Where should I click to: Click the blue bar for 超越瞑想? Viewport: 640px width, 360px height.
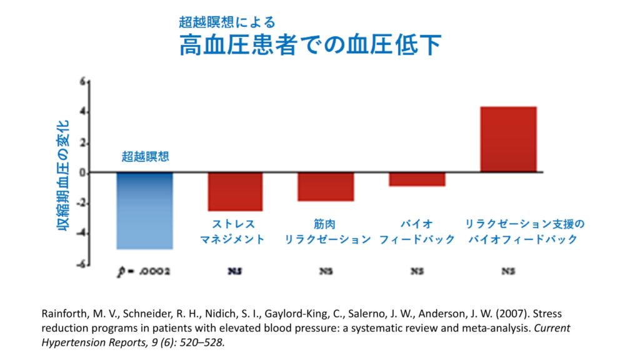tap(144, 211)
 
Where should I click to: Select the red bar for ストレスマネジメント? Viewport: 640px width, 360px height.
tap(235, 191)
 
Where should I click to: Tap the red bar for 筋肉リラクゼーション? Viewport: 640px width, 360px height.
tap(326, 186)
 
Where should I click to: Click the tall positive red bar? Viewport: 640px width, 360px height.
tap(508, 139)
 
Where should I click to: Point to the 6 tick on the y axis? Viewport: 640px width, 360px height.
tap(83, 81)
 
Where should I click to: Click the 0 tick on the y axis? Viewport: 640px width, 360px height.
tap(83, 173)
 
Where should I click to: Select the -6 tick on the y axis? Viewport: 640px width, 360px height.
tap(82, 265)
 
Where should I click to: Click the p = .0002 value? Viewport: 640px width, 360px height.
tap(144, 272)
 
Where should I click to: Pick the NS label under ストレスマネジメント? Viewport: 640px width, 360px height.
tap(235, 272)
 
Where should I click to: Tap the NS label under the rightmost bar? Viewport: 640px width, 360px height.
tap(508, 272)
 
